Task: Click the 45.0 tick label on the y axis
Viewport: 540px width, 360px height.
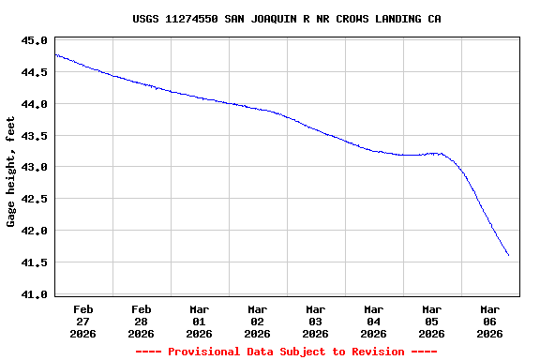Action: (x=34, y=40)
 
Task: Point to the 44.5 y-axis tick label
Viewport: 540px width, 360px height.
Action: (x=34, y=72)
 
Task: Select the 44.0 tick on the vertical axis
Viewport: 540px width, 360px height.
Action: (x=34, y=104)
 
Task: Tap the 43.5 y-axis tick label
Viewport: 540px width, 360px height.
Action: (x=34, y=136)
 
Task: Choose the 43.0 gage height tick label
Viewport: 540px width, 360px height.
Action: (x=34, y=167)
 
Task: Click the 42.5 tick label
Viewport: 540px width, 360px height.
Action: (x=34, y=199)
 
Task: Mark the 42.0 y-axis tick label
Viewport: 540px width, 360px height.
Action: (x=34, y=231)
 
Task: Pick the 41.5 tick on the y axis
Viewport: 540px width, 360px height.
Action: (x=34, y=262)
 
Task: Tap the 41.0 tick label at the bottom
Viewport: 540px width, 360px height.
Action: (x=34, y=294)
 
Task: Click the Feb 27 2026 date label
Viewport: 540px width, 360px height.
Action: (x=83, y=321)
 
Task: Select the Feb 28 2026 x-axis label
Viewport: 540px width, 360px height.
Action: (x=142, y=321)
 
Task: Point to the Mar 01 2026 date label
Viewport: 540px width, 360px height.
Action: (x=200, y=321)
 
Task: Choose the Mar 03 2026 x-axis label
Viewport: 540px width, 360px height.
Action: (x=316, y=321)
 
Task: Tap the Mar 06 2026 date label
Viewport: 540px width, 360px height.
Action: (x=490, y=321)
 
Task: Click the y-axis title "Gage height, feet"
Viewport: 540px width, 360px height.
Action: (x=11, y=172)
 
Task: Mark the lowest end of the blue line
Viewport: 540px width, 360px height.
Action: (x=508, y=255)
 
